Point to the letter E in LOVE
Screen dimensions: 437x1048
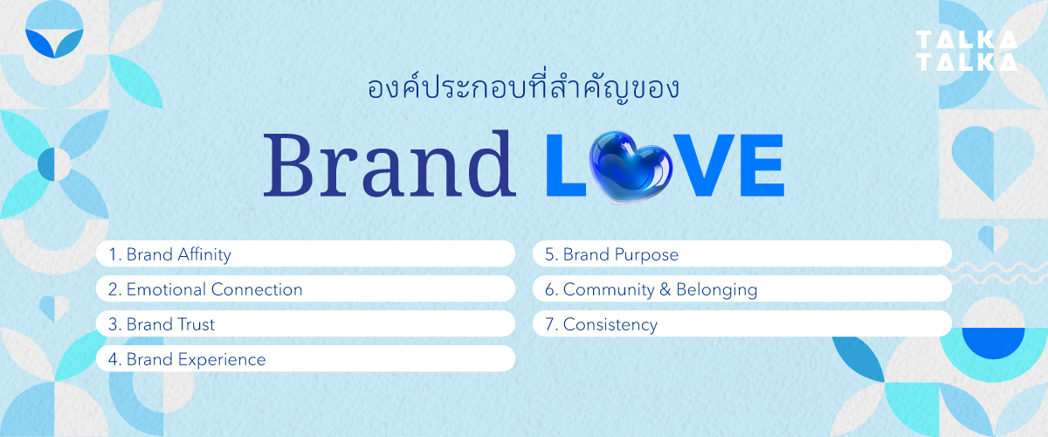(x=757, y=166)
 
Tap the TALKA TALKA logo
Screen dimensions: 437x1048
(x=966, y=51)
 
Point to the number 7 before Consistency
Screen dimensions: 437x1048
(x=549, y=324)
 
